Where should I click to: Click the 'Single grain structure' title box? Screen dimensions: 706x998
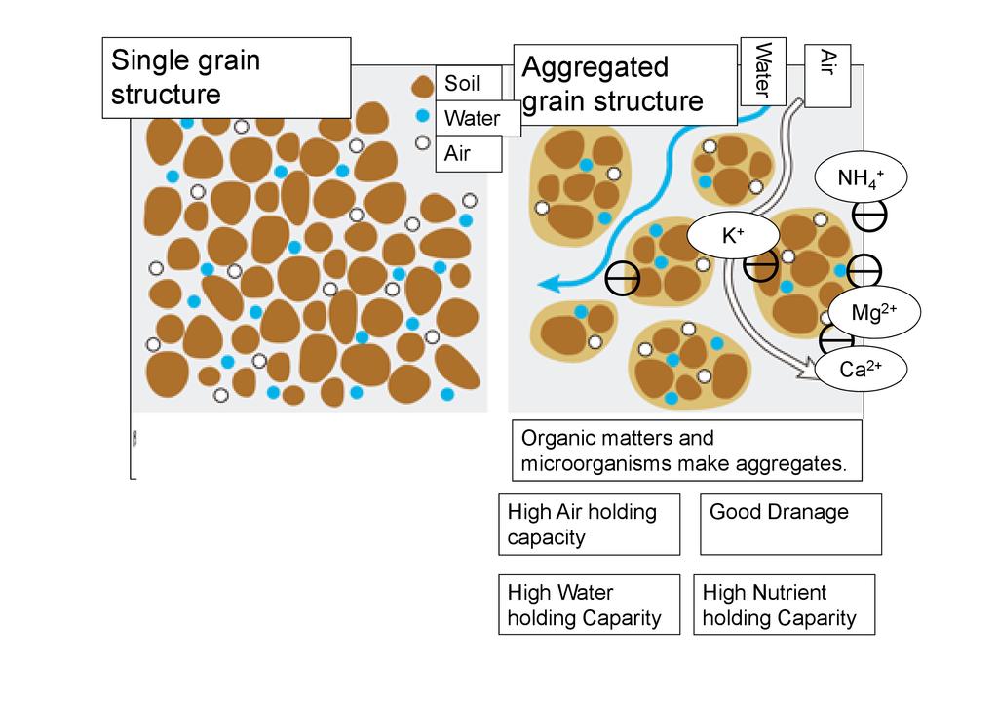[226, 77]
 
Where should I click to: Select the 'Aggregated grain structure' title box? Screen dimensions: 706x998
[625, 84]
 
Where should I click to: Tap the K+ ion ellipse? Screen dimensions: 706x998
[733, 236]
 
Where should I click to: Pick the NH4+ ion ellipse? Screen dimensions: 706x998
[862, 177]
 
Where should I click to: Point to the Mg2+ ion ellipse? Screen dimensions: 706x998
[873, 312]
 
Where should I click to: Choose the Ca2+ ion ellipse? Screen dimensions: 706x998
[861, 370]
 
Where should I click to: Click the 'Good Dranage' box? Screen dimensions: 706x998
[790, 524]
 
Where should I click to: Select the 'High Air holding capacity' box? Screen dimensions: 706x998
[589, 524]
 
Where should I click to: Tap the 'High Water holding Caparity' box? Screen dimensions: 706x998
[589, 605]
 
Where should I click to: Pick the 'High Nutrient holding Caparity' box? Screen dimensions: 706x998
[784, 605]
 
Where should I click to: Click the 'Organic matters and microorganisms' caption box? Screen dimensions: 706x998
[687, 451]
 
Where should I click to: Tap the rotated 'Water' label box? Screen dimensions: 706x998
[763, 70]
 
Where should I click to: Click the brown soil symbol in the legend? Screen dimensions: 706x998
[422, 87]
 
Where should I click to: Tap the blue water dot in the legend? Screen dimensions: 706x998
[422, 116]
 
